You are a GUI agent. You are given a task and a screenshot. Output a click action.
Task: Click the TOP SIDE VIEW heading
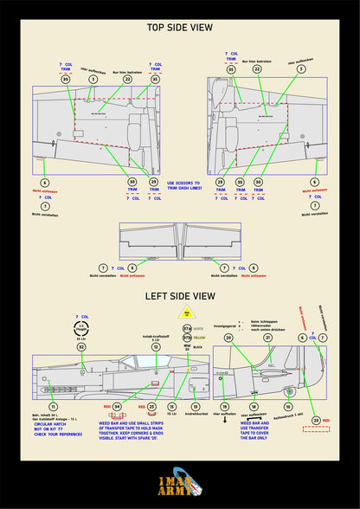180,28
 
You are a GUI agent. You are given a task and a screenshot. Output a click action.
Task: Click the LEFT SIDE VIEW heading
180,296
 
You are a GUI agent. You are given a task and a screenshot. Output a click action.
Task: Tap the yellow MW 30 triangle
185,312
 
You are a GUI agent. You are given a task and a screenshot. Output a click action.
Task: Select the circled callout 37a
186,328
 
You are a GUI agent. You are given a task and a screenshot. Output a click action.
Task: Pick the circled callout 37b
186,338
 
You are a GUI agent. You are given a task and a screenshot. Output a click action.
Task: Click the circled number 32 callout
81,346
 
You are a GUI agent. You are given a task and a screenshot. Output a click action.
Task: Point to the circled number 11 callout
53,406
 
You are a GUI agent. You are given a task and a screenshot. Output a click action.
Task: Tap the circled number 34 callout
117,406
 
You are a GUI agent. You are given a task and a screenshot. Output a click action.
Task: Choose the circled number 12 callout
155,346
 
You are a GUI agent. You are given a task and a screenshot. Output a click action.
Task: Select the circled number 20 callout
228,338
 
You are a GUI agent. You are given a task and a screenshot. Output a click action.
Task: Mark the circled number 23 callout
316,421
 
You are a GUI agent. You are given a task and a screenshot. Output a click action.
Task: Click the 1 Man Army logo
179,484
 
